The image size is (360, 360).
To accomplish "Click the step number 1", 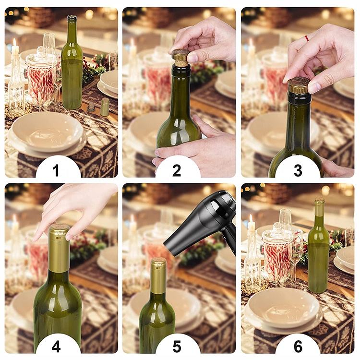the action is point(56,170).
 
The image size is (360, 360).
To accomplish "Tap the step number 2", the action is point(177,170).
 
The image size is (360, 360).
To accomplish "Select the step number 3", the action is point(298,170).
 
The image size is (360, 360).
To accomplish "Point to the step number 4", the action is point(56,347).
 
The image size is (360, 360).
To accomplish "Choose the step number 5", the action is point(177,347).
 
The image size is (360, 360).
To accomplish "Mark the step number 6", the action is point(298,347).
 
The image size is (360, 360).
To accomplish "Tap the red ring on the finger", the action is point(306,38).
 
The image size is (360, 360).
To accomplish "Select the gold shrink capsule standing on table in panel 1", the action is point(105,107).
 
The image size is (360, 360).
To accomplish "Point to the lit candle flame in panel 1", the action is point(15,43).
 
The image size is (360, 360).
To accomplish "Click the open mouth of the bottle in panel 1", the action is point(72,17).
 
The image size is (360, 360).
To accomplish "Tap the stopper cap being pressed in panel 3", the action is point(298,85).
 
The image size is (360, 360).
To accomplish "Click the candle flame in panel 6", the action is point(251,219).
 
